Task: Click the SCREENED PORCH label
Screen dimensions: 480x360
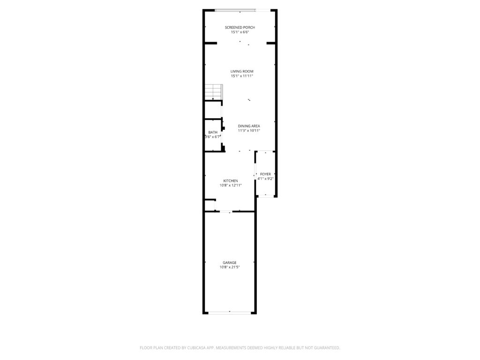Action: pos(240,28)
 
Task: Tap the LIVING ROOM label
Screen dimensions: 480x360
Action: pos(242,71)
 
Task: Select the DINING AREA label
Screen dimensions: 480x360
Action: pos(249,126)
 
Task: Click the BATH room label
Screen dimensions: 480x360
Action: pos(213,133)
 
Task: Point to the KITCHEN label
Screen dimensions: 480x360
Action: pos(231,181)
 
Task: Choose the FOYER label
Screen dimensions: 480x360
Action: pos(265,174)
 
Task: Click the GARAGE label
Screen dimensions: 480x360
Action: pos(229,262)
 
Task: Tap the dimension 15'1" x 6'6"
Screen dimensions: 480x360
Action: pos(240,32)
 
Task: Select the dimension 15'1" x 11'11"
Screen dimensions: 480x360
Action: pos(242,76)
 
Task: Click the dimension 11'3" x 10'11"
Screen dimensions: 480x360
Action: pos(249,130)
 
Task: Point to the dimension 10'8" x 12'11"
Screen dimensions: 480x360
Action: pos(231,185)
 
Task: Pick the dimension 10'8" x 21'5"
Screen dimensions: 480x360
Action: pos(229,267)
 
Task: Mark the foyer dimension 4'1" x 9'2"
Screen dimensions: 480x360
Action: pos(265,179)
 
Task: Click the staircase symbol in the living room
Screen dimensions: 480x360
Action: pos(214,92)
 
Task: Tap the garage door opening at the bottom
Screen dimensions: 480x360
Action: pos(230,313)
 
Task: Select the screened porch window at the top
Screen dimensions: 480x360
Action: pos(235,10)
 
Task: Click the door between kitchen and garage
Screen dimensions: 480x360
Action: pos(226,211)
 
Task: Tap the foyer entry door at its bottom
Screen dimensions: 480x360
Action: pos(265,195)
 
